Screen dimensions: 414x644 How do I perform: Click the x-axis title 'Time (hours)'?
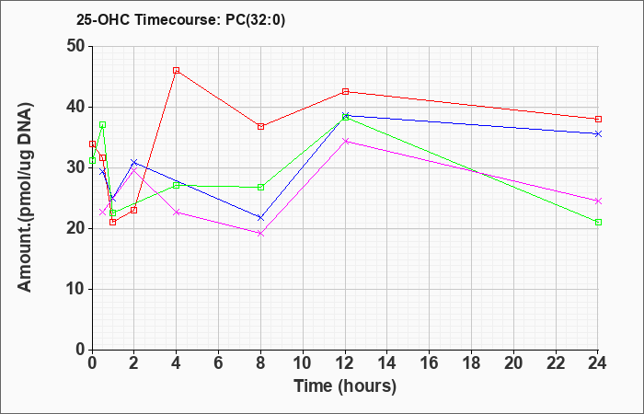[345, 386]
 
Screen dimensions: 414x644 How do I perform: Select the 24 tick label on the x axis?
[598, 363]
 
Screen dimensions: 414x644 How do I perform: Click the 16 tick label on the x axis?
[430, 363]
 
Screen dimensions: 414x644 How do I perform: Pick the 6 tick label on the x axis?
[218, 363]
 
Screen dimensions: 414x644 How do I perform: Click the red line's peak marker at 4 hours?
[176, 71]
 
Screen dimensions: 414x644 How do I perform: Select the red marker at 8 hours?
[260, 126]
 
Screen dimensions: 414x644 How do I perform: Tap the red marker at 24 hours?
[598, 119]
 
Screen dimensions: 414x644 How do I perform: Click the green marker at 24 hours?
[598, 222]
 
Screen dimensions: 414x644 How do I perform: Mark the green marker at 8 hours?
[260, 187]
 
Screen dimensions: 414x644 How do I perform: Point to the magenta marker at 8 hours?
[260, 233]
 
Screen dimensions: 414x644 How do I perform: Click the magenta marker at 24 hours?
[598, 201]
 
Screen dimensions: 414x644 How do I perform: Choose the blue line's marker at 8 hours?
[260, 218]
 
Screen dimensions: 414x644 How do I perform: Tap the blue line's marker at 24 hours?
[598, 133]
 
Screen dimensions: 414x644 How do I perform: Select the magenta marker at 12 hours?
[345, 141]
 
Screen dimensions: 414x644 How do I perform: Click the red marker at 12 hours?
[345, 91]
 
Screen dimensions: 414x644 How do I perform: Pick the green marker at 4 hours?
[176, 185]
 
